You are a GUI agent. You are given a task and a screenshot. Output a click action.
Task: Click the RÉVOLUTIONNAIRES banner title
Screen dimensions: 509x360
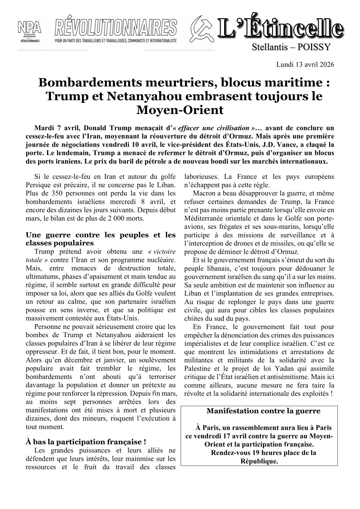[x=116, y=28]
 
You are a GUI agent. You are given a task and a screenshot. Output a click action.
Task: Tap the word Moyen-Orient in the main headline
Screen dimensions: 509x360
[x=180, y=110]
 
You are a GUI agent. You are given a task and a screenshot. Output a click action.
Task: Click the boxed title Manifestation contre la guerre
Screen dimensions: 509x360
[x=263, y=411]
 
